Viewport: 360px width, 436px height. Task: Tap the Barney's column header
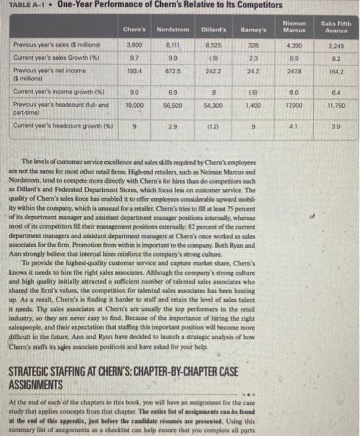click(x=255, y=29)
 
